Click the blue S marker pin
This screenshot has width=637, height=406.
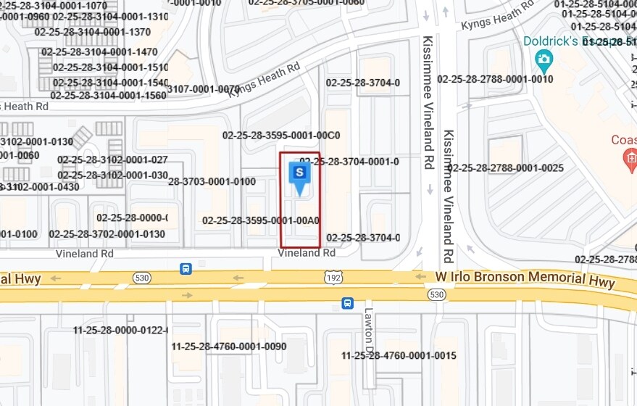point(299,175)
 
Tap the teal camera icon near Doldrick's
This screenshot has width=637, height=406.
point(543,59)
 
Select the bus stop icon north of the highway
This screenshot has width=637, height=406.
point(186,269)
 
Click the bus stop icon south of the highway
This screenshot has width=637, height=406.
point(347,303)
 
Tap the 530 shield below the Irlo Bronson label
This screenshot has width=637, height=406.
point(436,294)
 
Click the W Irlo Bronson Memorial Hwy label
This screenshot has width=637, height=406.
point(525,279)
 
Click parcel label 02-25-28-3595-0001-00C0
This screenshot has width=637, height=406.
point(281,135)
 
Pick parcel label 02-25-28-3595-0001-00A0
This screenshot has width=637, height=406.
point(261,220)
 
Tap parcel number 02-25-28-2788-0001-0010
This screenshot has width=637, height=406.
point(495,79)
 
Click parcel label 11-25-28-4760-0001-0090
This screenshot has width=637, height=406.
point(229,347)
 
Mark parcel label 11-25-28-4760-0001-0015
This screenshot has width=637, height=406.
point(399,355)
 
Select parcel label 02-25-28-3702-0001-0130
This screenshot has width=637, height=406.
point(107,234)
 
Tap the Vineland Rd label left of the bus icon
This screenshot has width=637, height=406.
point(85,254)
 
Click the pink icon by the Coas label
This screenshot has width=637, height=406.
point(630,156)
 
